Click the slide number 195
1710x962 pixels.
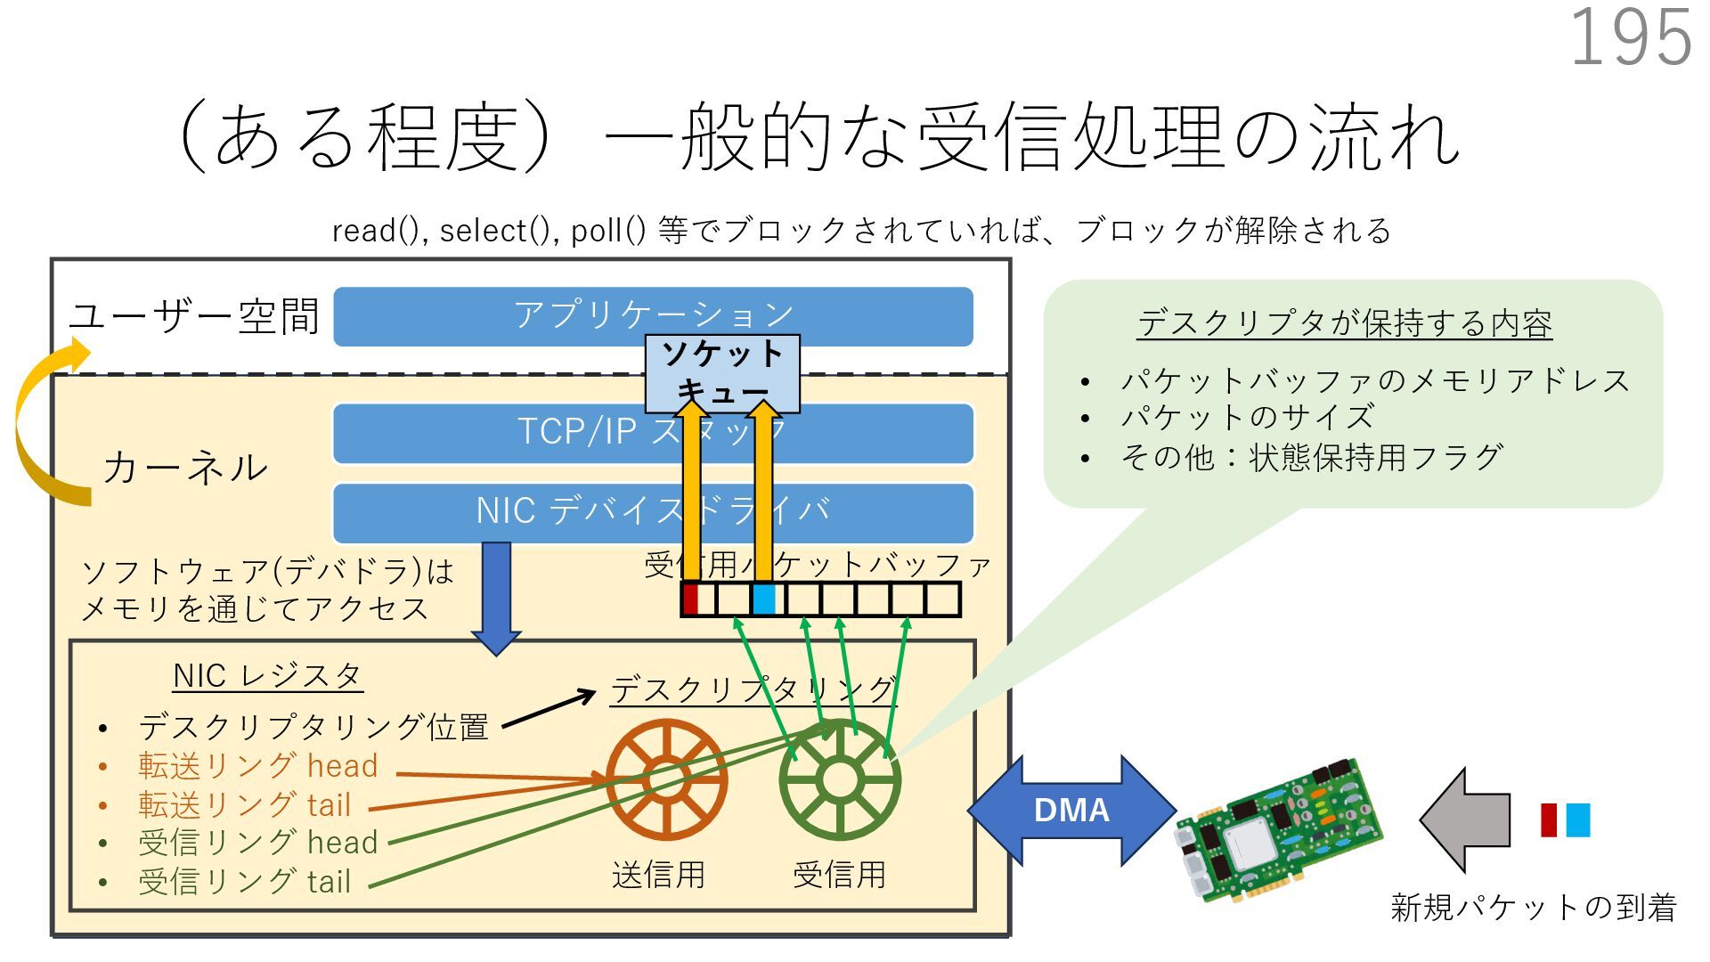[1630, 37]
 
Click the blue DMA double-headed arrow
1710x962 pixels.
[1071, 811]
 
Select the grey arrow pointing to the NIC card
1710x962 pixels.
[1465, 819]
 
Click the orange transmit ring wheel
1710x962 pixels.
[666, 780]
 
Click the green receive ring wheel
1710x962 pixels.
[839, 780]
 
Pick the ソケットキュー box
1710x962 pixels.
[722, 372]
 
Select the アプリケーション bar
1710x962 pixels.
[653, 315]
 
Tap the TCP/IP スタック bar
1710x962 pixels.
[653, 433]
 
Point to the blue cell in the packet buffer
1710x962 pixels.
[763, 599]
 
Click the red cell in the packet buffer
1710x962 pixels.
[689, 599]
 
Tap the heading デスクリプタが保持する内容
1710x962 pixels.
[1344, 323]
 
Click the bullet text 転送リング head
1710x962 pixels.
[257, 766]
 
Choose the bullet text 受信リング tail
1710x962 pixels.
[244, 882]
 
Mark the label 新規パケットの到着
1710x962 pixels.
[1533, 908]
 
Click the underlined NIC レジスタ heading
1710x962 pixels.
[267, 676]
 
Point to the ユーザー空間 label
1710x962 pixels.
[194, 317]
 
